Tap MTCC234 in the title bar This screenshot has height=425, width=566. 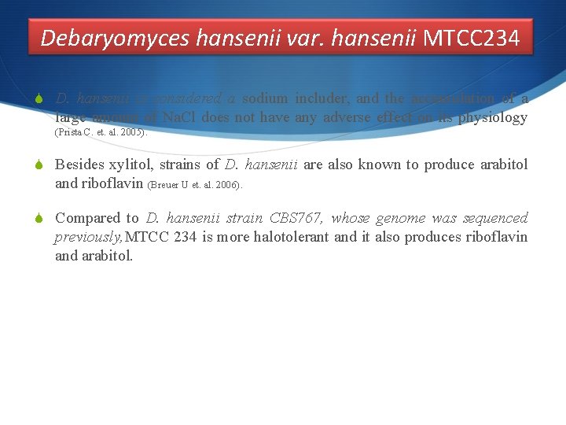[472, 37]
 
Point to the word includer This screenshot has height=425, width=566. [323, 98]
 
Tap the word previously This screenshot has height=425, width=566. [88, 237]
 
